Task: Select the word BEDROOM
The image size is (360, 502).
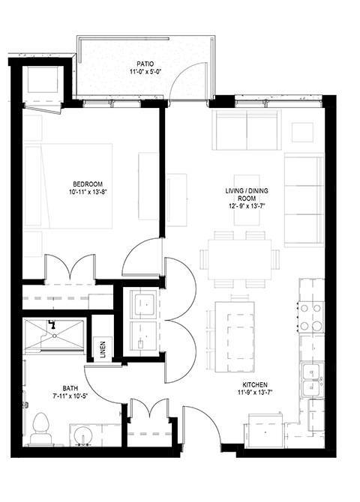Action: [x=88, y=184]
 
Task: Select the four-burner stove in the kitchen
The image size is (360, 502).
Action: [x=311, y=315]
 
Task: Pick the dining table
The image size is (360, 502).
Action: [x=239, y=259]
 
